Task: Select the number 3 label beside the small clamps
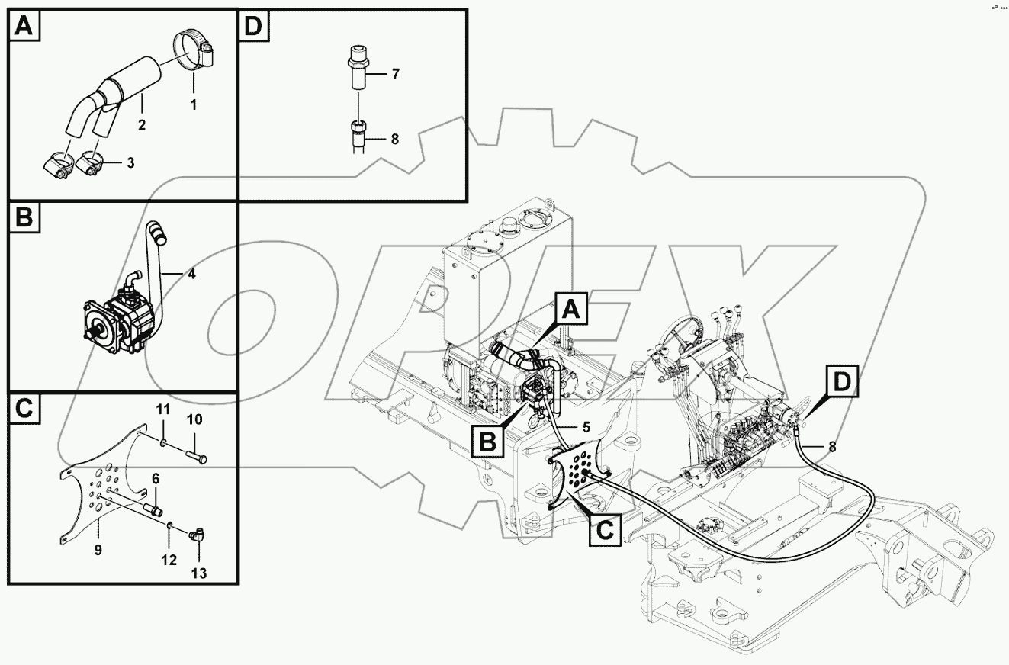(130, 163)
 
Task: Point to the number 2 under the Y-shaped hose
(142, 124)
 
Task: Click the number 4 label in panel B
(191, 274)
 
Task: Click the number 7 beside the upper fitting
(395, 75)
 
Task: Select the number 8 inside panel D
(395, 140)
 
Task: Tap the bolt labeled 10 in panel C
(196, 458)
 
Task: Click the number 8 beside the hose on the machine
(832, 447)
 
